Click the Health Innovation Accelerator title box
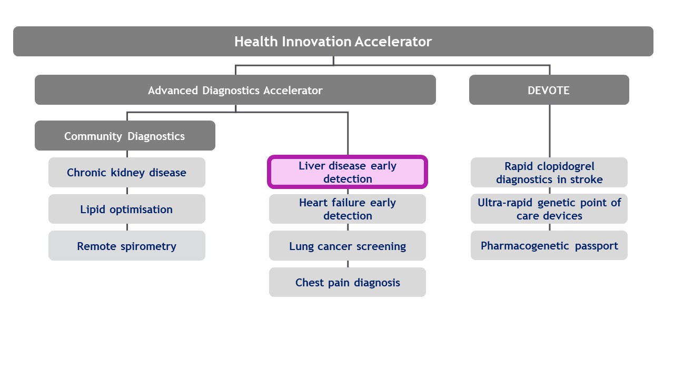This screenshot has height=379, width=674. coord(333,42)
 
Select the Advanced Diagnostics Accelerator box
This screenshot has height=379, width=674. coord(235,90)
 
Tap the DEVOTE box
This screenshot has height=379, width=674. coord(549,90)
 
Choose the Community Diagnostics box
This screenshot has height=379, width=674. coord(125,136)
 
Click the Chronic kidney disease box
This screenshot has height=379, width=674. coord(126,173)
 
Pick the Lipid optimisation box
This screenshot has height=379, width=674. coord(126,210)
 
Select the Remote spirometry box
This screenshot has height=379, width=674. coord(126,246)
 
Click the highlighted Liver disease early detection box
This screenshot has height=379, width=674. coord(348,172)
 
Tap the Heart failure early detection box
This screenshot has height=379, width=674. coord(348,209)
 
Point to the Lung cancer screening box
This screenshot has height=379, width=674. coord(348,246)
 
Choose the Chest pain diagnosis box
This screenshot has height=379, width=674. coord(348,283)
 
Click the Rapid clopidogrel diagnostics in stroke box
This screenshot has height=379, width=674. coord(549,173)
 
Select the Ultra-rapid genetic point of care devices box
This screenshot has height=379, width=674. coord(549,209)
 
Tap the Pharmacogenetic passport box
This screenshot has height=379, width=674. coord(549,246)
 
